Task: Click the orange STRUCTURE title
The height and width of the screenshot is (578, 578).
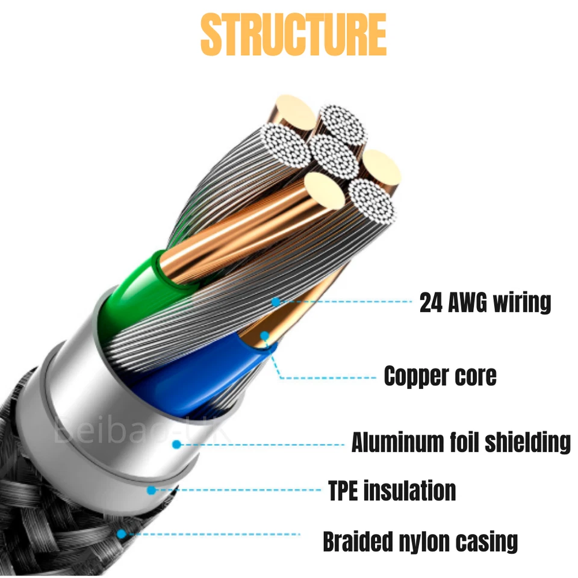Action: point(293,35)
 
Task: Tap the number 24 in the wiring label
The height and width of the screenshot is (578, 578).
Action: point(431,302)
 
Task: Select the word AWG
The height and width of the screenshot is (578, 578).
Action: point(467,302)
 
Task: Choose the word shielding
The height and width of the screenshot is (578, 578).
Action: point(532,443)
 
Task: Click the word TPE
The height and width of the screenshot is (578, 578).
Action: point(346,490)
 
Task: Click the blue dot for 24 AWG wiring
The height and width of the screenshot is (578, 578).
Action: point(276,300)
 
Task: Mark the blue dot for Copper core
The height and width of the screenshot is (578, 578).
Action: point(264,335)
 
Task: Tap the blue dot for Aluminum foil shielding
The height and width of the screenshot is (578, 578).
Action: point(176,444)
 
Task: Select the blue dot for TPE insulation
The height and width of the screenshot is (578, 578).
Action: point(152,490)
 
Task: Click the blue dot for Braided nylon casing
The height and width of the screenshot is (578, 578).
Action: point(122,533)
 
